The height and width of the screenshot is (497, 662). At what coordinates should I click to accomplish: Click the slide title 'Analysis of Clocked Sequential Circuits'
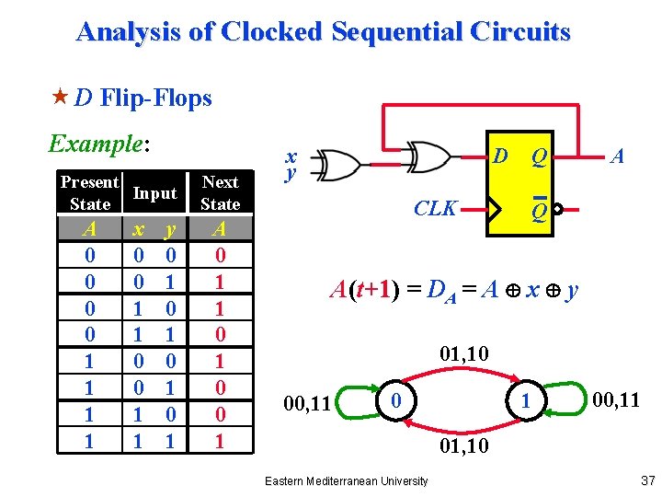[x=323, y=31]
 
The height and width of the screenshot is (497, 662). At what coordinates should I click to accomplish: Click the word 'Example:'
[x=98, y=144]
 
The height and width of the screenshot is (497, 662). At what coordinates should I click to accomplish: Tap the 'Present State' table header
[x=90, y=193]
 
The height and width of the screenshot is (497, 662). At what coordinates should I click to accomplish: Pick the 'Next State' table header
[x=220, y=193]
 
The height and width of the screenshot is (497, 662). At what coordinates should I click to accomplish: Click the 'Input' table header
[x=154, y=193]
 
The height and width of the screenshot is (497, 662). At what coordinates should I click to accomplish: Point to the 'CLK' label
[x=435, y=208]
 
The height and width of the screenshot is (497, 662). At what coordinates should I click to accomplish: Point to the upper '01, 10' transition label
[x=464, y=353]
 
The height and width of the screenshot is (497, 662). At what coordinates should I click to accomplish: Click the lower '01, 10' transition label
[x=464, y=448]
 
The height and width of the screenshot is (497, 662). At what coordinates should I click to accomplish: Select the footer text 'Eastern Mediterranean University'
[x=345, y=480]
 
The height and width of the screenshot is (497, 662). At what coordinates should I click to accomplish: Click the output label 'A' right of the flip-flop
[x=618, y=156]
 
